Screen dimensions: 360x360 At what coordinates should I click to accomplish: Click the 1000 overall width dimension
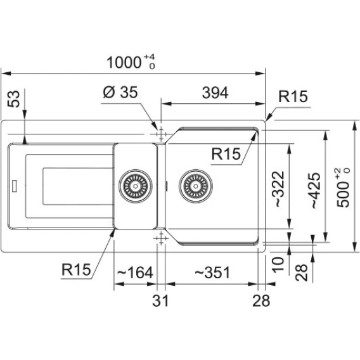(131, 62)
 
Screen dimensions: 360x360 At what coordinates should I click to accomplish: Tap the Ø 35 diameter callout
(120, 93)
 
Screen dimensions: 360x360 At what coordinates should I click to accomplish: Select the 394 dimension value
(215, 93)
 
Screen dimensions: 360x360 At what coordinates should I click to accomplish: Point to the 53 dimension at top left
(13, 99)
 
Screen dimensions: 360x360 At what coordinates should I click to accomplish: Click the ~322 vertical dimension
(278, 189)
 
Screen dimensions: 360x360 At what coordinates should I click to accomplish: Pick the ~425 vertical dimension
(316, 190)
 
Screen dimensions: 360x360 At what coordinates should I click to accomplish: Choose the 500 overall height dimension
(343, 188)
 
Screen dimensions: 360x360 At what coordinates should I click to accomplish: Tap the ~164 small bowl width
(135, 273)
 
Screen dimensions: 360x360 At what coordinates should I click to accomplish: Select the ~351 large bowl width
(212, 273)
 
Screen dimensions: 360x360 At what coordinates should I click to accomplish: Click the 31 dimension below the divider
(160, 300)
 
